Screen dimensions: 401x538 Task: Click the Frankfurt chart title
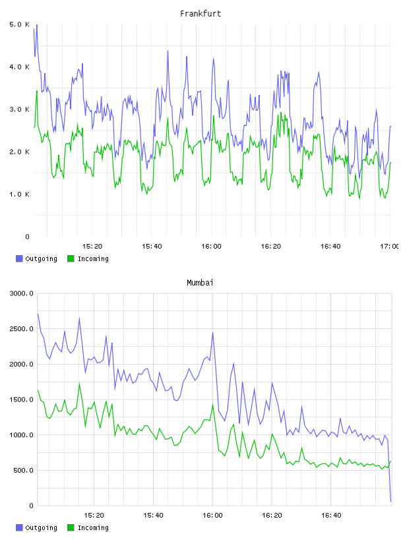[x=200, y=14]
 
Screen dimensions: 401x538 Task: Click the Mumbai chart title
[x=200, y=283]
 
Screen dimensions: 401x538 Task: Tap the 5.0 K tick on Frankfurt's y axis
[x=20, y=24]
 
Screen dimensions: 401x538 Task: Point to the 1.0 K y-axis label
[x=20, y=194]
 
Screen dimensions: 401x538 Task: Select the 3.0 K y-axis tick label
[x=20, y=109]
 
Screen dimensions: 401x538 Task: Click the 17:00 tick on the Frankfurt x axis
[x=390, y=246]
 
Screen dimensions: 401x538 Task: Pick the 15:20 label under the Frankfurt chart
[x=92, y=246]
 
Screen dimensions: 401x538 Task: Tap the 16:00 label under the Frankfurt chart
[x=211, y=246]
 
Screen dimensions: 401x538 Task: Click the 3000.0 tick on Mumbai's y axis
[x=21, y=293]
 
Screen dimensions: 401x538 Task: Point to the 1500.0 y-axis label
[x=21, y=400]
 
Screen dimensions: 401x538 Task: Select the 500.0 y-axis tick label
[x=23, y=470]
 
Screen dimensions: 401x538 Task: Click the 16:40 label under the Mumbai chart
[x=331, y=515]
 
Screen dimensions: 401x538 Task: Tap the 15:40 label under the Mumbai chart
[x=153, y=515]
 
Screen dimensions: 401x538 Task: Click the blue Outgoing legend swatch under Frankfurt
[x=19, y=258]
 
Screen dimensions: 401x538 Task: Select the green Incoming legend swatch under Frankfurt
[x=71, y=258]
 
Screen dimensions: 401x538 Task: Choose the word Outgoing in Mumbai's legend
[x=41, y=527]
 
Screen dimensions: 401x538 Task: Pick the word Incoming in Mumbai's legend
[x=93, y=527]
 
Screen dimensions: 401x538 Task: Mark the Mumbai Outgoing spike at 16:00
[x=213, y=332]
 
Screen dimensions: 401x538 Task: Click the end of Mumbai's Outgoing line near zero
[x=390, y=501]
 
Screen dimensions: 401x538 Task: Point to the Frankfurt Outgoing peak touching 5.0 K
[x=36, y=24]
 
